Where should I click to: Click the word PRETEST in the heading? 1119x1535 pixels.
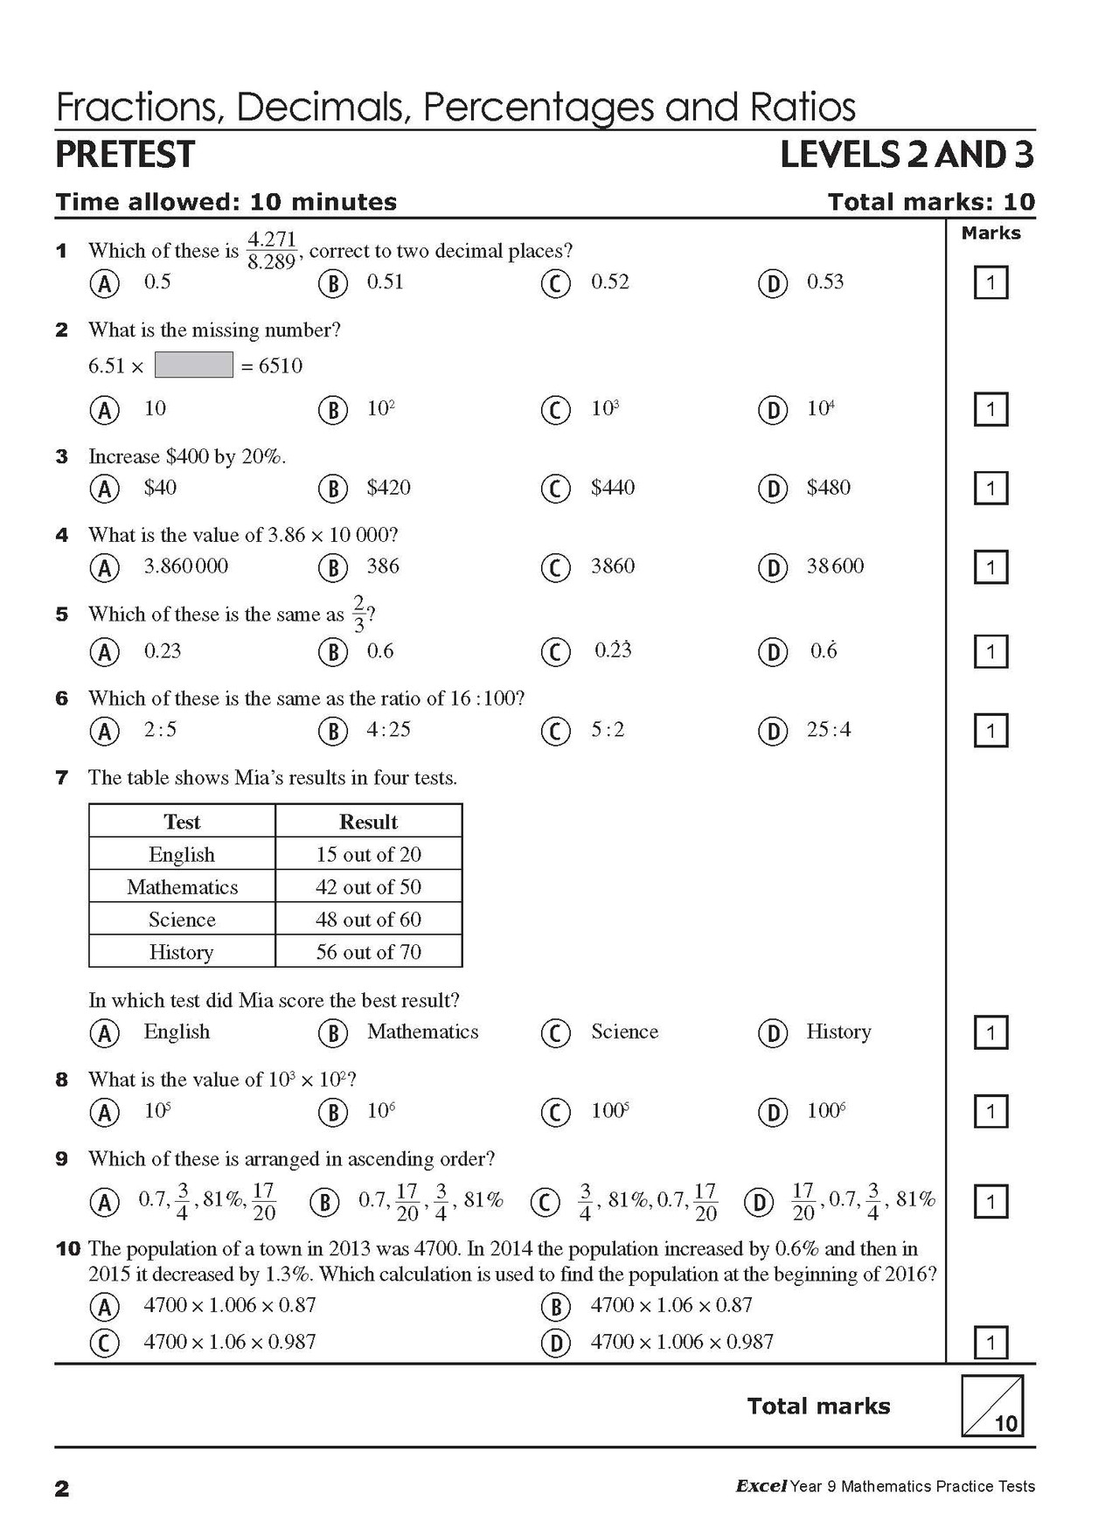pos(125,155)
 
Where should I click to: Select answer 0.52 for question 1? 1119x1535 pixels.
pos(609,281)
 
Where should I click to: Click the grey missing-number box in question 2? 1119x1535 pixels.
pos(193,365)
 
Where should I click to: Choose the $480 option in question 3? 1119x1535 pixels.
pos(828,487)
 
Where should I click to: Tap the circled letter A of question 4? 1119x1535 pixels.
pos(104,567)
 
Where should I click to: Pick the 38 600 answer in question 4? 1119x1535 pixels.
pos(834,566)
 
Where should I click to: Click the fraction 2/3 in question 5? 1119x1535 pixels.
pos(358,614)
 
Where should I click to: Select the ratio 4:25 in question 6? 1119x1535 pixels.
pos(388,729)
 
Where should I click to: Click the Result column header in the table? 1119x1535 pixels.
pos(368,822)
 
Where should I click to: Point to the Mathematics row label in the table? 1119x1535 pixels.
pos(182,886)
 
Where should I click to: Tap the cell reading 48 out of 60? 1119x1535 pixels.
pos(368,919)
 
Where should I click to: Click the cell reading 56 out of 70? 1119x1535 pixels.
pos(368,951)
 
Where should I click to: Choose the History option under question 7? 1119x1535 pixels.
pos(838,1031)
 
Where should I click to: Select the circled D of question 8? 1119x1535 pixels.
pos(773,1112)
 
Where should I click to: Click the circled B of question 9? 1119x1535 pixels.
pos(324,1202)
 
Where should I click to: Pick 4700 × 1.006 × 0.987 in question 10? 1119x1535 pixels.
pos(682,1341)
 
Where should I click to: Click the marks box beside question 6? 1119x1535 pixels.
pos(990,730)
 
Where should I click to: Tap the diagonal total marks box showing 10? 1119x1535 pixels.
pos(992,1407)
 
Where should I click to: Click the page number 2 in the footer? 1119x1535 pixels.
pos(62,1489)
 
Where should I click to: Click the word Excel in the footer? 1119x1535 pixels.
pos(761,1486)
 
